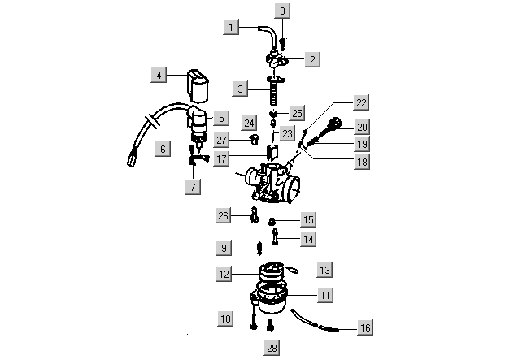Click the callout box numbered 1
tap(232, 27)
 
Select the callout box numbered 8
tap(283, 11)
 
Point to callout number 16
tap(365, 327)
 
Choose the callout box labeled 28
tap(272, 348)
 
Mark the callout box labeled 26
tap(224, 215)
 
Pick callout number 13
tap(324, 269)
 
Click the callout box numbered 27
tap(222, 140)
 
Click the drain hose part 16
tap(317, 323)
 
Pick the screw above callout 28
tap(272, 327)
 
